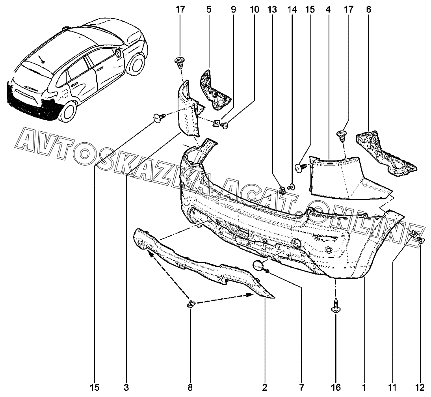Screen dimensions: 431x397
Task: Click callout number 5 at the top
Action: tap(209, 10)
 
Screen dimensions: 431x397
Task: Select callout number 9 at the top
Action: tap(233, 10)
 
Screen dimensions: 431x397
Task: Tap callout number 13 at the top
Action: tap(272, 10)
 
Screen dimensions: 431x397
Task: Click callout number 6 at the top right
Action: tap(369, 10)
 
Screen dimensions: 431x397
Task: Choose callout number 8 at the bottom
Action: tap(190, 388)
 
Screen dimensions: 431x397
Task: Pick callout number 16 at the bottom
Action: tap(336, 388)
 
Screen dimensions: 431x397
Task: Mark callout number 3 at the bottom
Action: tap(126, 388)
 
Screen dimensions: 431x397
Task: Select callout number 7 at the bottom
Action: tap(301, 388)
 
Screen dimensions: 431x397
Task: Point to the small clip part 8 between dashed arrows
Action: tap(191, 304)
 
